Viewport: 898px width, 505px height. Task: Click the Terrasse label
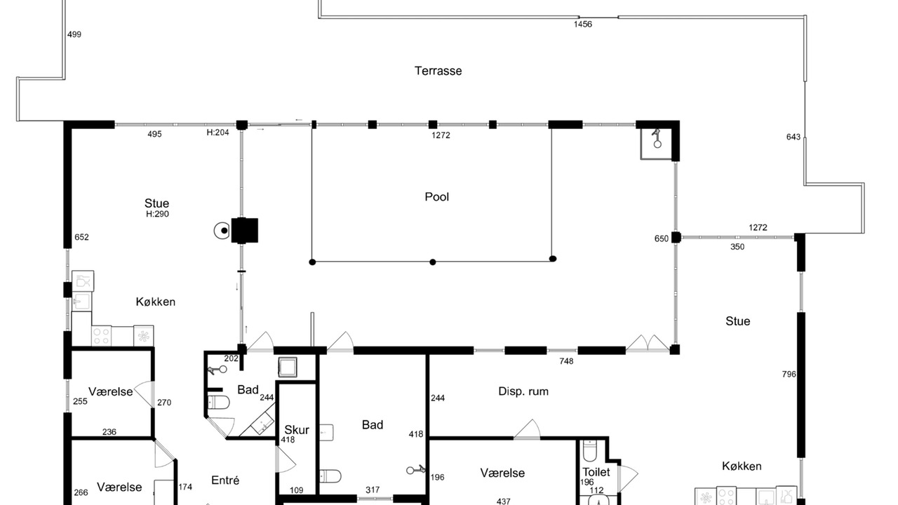click(438, 71)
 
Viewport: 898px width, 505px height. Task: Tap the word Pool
click(436, 197)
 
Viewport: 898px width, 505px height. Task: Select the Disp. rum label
click(523, 391)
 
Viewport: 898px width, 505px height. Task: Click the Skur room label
click(297, 430)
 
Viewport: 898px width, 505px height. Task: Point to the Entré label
click(225, 480)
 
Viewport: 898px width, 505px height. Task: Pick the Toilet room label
click(596, 472)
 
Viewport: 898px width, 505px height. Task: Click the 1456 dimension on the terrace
click(582, 24)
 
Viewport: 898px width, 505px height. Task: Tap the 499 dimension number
click(74, 34)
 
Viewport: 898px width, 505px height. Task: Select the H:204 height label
click(217, 133)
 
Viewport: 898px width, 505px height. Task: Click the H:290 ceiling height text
click(157, 214)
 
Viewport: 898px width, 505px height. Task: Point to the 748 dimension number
click(566, 361)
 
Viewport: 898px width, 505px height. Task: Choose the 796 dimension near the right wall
click(789, 375)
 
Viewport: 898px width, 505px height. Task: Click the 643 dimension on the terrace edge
click(793, 137)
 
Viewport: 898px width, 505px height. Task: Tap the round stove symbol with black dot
click(222, 231)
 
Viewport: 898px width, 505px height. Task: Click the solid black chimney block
click(245, 231)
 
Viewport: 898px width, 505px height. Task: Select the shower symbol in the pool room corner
click(656, 139)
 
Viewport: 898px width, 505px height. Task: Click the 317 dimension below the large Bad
click(373, 490)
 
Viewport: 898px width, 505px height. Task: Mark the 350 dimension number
click(737, 247)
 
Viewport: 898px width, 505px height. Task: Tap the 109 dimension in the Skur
click(296, 490)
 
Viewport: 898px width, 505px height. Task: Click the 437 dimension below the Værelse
click(503, 501)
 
